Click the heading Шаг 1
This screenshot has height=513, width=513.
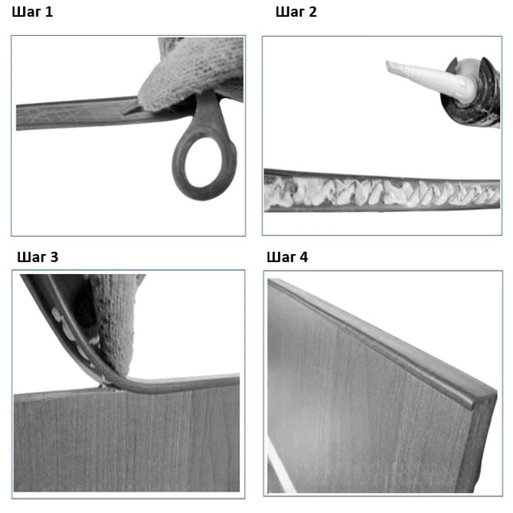coord(32,12)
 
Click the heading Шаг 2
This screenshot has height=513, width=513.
coord(296,12)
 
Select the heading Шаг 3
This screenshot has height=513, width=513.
coord(37,257)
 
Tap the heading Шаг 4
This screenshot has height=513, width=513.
coord(287,257)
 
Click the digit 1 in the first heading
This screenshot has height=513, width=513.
coord(49,12)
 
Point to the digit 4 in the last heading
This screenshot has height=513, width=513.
coord(304,257)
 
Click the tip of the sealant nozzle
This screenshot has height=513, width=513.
coord(388,66)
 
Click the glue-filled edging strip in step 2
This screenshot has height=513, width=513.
coord(382,191)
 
